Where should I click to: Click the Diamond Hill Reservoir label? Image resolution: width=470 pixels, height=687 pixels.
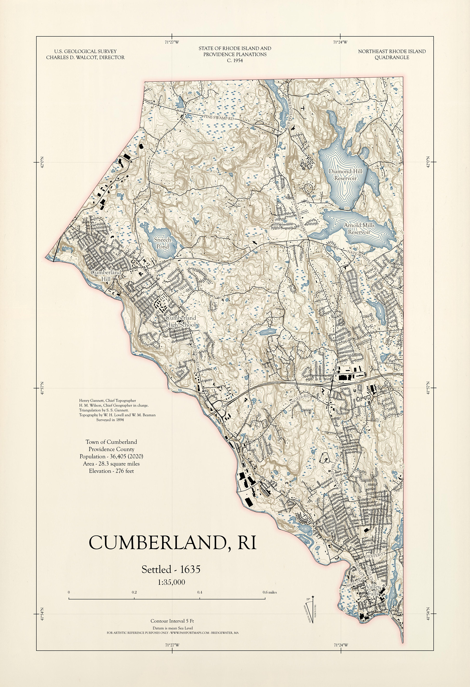tap(345, 175)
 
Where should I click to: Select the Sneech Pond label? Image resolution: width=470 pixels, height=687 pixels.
tap(163, 243)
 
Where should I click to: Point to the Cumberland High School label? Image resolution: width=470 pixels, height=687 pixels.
tap(181, 321)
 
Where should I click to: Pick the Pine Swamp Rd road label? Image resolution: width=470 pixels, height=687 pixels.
tap(219, 118)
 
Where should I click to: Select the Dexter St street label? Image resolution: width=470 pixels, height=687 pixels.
tap(375, 556)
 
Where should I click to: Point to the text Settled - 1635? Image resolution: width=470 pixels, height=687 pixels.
tap(171, 569)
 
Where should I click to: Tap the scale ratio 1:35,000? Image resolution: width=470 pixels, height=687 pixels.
tap(171, 582)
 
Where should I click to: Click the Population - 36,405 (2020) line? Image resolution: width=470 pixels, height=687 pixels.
tap(111, 456)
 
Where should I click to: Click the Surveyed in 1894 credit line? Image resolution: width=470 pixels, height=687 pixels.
tap(110, 420)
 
